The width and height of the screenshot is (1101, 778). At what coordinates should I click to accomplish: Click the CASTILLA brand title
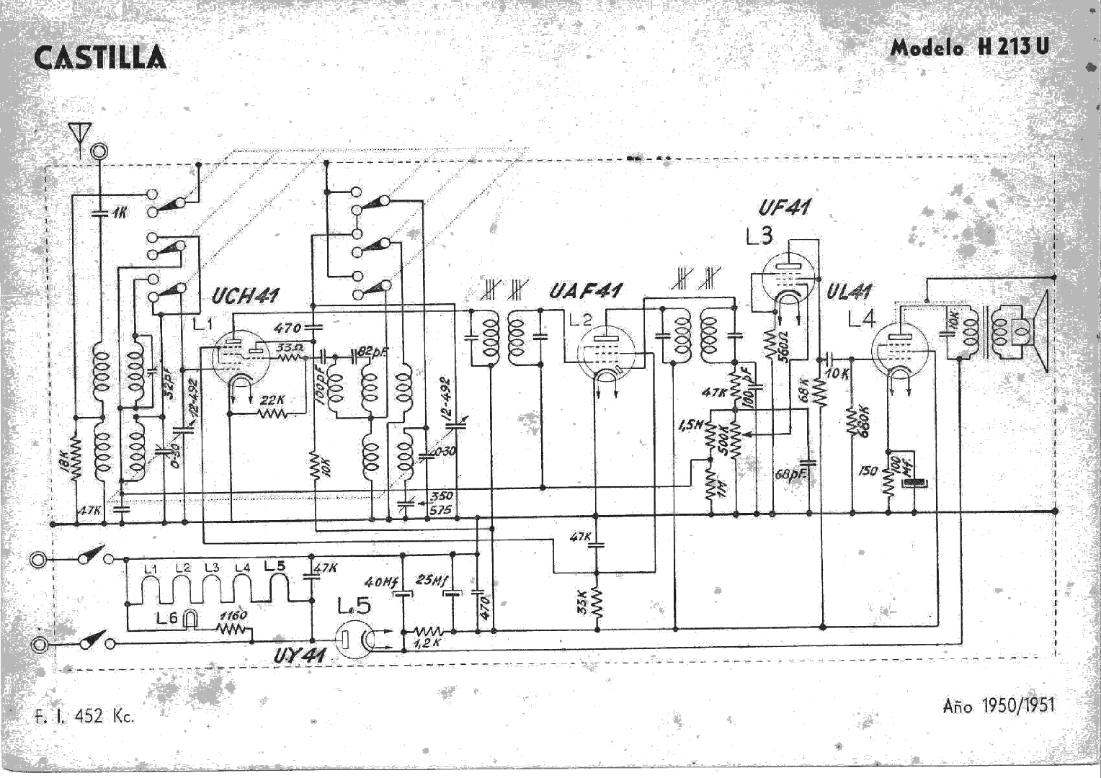[x=99, y=58]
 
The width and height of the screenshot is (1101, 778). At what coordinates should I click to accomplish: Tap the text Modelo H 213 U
[x=969, y=48]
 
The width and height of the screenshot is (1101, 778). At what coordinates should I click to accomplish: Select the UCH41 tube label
[x=246, y=295]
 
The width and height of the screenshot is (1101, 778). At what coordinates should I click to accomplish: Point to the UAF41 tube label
[x=585, y=291]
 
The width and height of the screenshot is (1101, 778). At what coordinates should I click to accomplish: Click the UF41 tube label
[x=783, y=208]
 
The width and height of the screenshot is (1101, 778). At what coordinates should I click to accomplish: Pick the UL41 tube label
[x=849, y=292]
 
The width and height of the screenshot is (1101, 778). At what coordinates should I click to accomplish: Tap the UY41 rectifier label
[x=300, y=656]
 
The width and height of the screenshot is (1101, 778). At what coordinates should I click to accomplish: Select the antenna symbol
[x=79, y=134]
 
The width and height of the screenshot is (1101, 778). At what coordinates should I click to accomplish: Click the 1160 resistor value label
[x=233, y=615]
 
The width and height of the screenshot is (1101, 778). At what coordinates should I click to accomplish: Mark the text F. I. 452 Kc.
[x=84, y=716]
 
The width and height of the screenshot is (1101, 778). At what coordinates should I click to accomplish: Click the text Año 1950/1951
[x=998, y=705]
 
